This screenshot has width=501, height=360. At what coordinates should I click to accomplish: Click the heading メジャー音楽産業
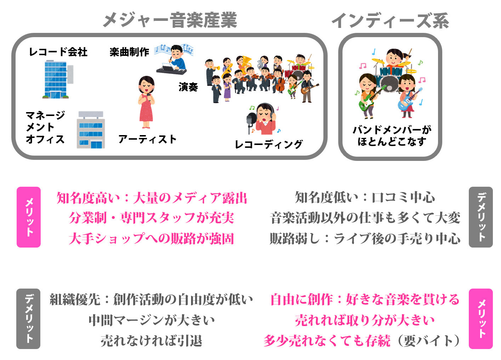(170, 20)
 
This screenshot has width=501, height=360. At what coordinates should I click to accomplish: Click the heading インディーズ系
(390, 21)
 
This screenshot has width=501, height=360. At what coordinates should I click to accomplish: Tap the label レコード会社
(58, 52)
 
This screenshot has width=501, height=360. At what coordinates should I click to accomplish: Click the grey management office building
(91, 130)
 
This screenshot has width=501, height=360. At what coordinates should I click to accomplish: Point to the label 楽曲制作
(129, 52)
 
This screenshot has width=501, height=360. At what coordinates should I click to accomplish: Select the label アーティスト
(147, 139)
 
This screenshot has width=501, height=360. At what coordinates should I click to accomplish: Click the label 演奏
(188, 87)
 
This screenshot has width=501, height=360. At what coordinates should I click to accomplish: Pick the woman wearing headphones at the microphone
(264, 118)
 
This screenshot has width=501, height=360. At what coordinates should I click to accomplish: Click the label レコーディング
(269, 144)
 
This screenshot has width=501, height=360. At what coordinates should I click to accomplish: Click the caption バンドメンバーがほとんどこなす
(391, 136)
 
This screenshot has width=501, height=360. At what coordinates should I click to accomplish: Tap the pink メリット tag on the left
(29, 217)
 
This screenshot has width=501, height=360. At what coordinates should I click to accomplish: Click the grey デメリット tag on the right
(480, 217)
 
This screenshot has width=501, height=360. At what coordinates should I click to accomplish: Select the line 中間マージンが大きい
(151, 320)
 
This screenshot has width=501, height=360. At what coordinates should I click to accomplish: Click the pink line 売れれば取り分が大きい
(364, 320)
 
